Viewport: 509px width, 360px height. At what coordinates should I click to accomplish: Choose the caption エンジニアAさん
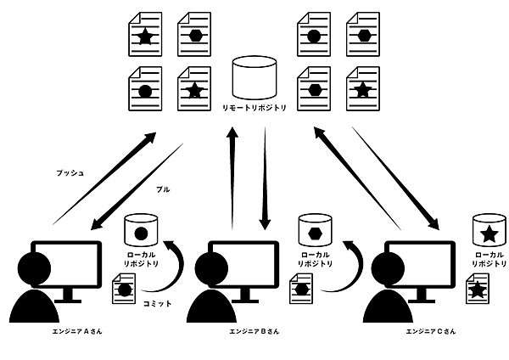(x=77, y=330)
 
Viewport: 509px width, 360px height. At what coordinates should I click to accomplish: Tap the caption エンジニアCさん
(x=431, y=330)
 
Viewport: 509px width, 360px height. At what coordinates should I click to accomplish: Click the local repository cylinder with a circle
(x=141, y=231)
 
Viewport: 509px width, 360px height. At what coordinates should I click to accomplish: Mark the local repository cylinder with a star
(x=488, y=231)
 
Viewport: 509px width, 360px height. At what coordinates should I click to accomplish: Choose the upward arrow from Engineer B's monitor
(x=231, y=178)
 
